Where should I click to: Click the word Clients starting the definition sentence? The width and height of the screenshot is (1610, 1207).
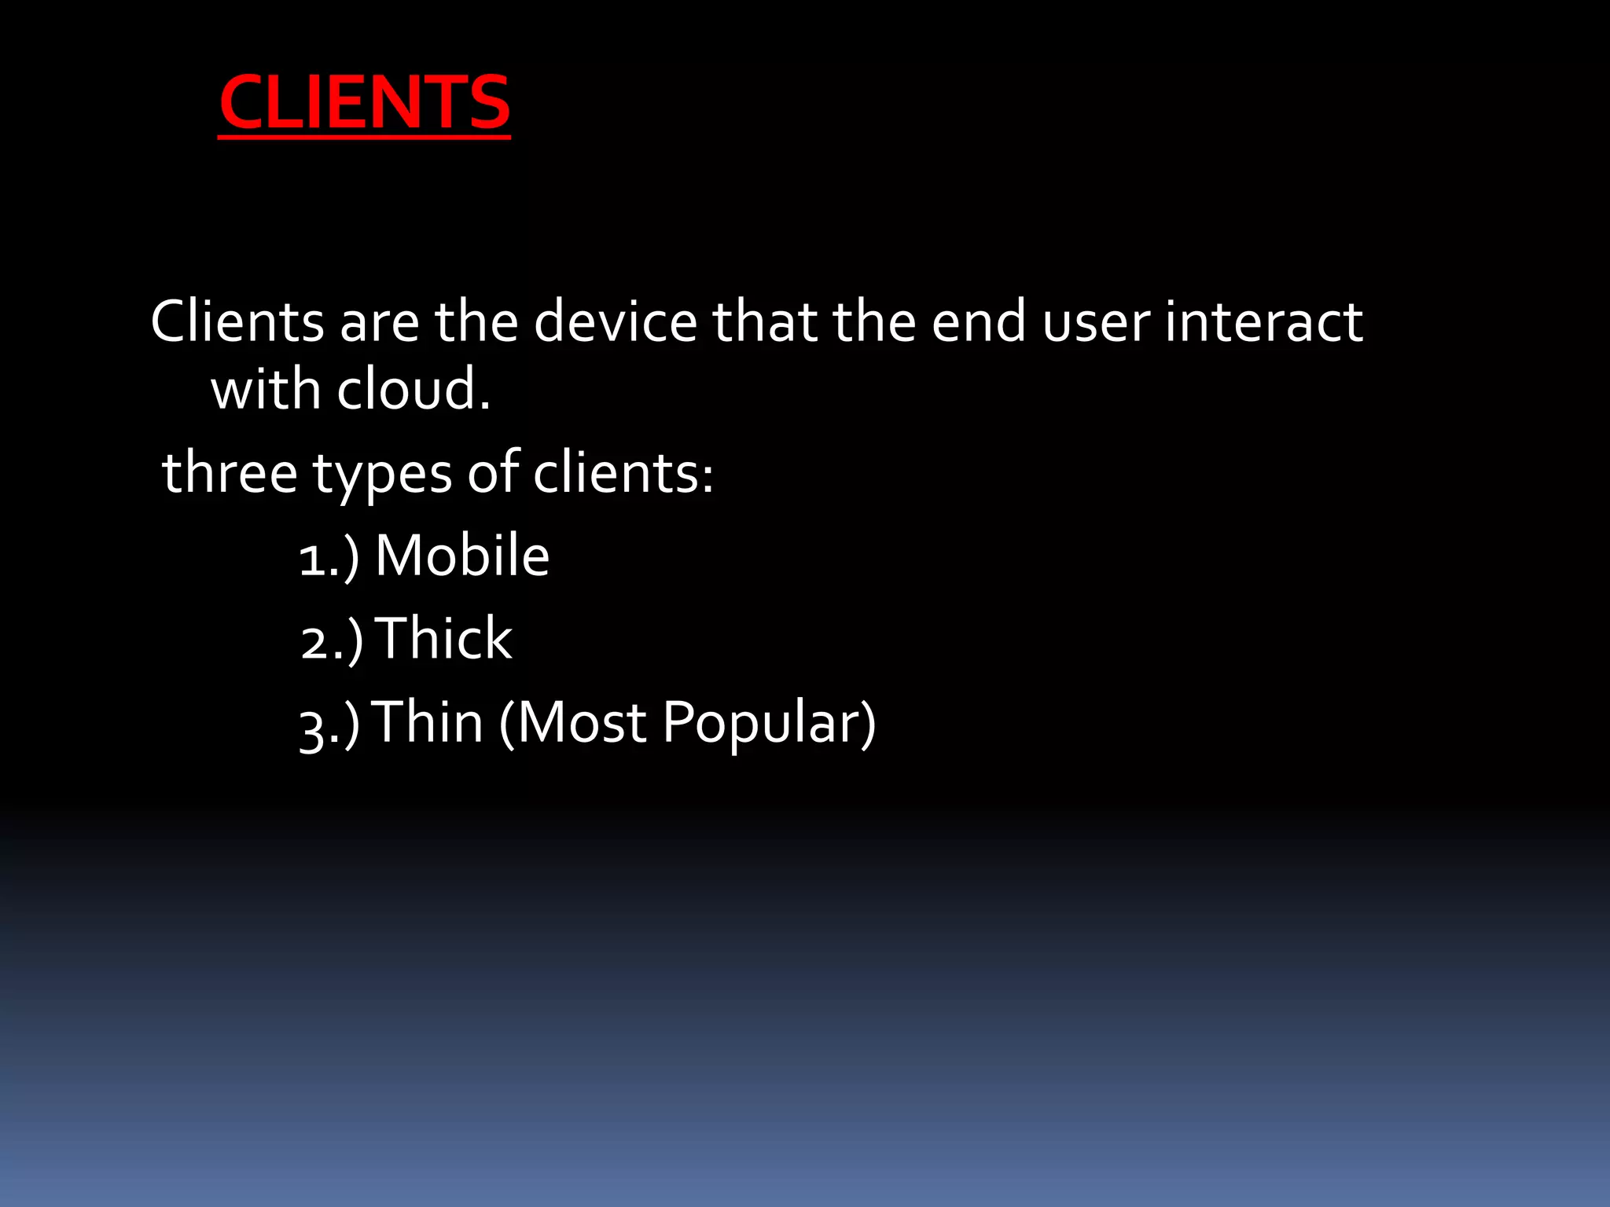click(x=237, y=321)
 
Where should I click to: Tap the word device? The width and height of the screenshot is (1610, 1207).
click(x=615, y=321)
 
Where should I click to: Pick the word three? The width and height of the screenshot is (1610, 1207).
click(x=229, y=473)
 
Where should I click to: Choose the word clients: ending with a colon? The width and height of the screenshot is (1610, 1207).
click(x=623, y=473)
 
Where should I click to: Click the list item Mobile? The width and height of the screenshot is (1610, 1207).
click(x=462, y=556)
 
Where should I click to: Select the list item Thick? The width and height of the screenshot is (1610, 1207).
click(x=445, y=638)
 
